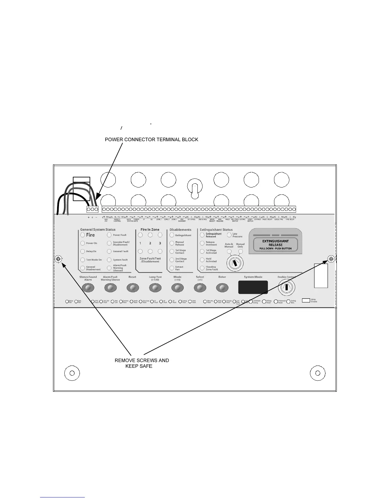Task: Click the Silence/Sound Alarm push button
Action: [x=88, y=288]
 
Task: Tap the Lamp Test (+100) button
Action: [x=155, y=288]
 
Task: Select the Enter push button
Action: [x=222, y=288]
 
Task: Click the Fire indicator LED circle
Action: [x=83, y=235]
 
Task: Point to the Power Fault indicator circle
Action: [x=109, y=235]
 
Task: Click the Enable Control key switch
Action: [x=286, y=287]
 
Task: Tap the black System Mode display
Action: [x=253, y=287]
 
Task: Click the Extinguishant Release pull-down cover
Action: [x=275, y=242]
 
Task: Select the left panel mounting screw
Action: [x=58, y=259]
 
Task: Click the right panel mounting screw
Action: [x=331, y=259]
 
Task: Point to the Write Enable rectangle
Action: [x=306, y=300]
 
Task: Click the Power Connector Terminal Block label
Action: [x=151, y=140]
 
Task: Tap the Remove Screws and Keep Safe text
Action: [x=142, y=363]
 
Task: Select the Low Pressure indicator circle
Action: [x=229, y=235]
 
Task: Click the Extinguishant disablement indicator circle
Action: [x=172, y=235]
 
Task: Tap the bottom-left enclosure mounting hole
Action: [x=72, y=373]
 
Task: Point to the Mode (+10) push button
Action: [x=178, y=288]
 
